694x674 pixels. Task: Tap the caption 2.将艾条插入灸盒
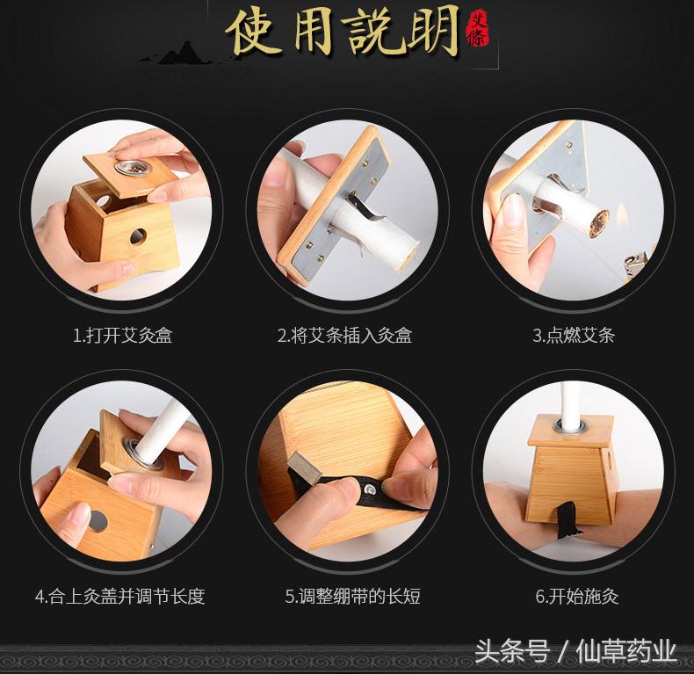[x=344, y=335]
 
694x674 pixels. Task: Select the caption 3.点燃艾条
[x=573, y=335]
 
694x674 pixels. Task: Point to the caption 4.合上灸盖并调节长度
[x=119, y=596]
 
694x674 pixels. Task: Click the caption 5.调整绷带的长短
[x=352, y=596]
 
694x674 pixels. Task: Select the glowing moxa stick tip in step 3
[x=599, y=222]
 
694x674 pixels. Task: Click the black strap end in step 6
[x=568, y=519]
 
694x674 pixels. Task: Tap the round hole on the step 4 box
[x=98, y=522]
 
